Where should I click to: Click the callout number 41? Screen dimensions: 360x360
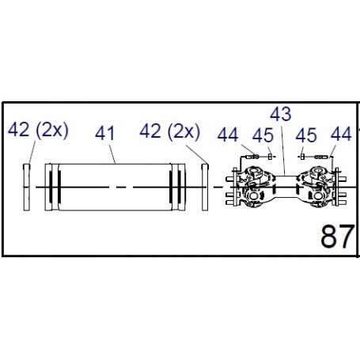(104, 133)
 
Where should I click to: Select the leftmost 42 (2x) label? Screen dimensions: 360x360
(38, 130)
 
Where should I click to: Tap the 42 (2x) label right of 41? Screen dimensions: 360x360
(170, 131)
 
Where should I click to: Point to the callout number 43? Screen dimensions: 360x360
(281, 114)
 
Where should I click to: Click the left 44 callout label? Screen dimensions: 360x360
(228, 135)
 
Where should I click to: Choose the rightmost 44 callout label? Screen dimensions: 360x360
(341, 134)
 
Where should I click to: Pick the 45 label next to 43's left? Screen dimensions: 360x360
(263, 135)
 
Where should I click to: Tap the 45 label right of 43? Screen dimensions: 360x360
(306, 135)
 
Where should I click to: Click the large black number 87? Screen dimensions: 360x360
(337, 236)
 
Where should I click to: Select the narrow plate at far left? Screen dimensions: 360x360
(27, 188)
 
